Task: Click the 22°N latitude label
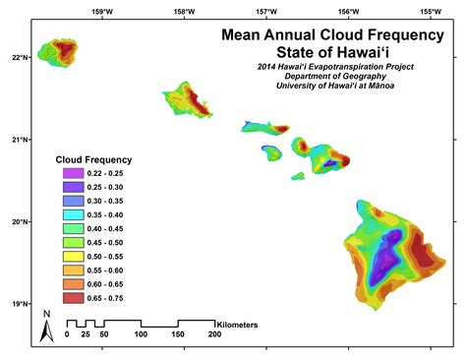click(x=19, y=56)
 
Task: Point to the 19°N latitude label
click(x=19, y=304)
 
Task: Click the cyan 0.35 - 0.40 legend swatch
click(x=70, y=214)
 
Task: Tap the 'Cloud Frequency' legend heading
click(x=92, y=159)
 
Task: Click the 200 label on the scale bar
click(x=214, y=335)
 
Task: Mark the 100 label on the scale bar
click(x=141, y=335)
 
